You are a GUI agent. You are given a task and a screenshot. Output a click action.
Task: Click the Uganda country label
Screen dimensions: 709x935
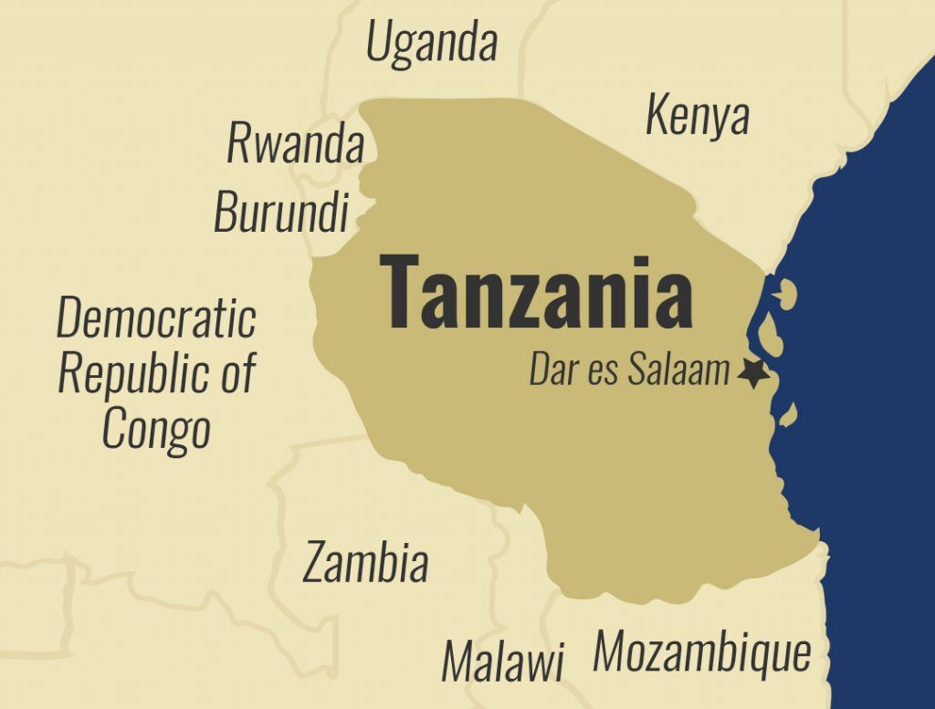[431, 43]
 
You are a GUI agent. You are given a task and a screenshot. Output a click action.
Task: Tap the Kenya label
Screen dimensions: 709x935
[698, 116]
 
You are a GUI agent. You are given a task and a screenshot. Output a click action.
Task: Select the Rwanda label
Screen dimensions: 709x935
[295, 144]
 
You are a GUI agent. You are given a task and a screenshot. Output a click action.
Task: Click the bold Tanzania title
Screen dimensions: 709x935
[536, 292]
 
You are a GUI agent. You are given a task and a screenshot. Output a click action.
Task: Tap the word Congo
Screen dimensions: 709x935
[156, 428]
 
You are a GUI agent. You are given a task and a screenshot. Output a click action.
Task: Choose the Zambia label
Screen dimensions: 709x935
[365, 562]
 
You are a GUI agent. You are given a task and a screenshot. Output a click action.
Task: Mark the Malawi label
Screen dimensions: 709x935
[503, 661]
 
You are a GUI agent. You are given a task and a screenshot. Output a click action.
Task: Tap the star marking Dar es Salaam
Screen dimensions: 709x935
[752, 373]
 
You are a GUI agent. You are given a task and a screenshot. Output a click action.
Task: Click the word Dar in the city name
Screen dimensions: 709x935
[552, 371]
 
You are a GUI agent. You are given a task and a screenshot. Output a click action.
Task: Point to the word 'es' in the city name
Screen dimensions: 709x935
[602, 373]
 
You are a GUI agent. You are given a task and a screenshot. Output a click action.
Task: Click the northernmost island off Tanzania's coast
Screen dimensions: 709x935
[785, 294]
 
